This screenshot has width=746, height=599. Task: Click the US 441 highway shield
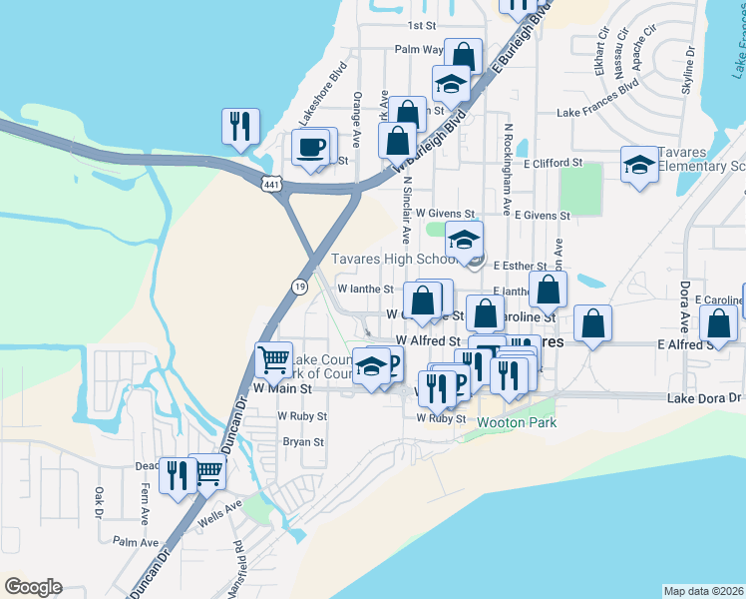(273, 184)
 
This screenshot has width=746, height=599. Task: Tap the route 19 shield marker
(299, 287)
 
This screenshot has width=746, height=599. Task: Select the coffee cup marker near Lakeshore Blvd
(310, 148)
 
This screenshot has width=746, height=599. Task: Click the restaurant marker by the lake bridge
(240, 126)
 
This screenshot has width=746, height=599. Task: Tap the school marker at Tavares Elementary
(638, 165)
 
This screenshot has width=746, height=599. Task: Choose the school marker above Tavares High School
(464, 241)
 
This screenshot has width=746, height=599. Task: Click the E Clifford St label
(549, 162)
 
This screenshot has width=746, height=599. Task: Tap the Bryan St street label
(304, 441)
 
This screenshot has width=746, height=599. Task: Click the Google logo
(33, 587)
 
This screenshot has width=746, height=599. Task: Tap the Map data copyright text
(704, 591)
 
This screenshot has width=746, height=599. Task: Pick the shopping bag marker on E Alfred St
(718, 324)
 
